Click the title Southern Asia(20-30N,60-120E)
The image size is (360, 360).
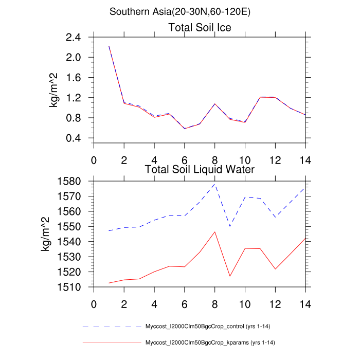coord(180,11)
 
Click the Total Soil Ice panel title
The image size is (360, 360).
coord(200,28)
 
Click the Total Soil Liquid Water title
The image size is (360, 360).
coord(200,169)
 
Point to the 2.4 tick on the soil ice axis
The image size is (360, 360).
coord(74,38)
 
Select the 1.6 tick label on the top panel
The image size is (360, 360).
coord(74,78)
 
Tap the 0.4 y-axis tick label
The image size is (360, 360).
coord(74,138)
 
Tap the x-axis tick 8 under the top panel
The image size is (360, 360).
coord(215,159)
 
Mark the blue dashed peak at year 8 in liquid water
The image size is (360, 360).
coord(215,184)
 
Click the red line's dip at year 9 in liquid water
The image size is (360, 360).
coord(230,276)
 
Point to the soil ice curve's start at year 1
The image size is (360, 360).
coord(109,46)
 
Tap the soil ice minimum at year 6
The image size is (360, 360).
coord(185,128)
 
